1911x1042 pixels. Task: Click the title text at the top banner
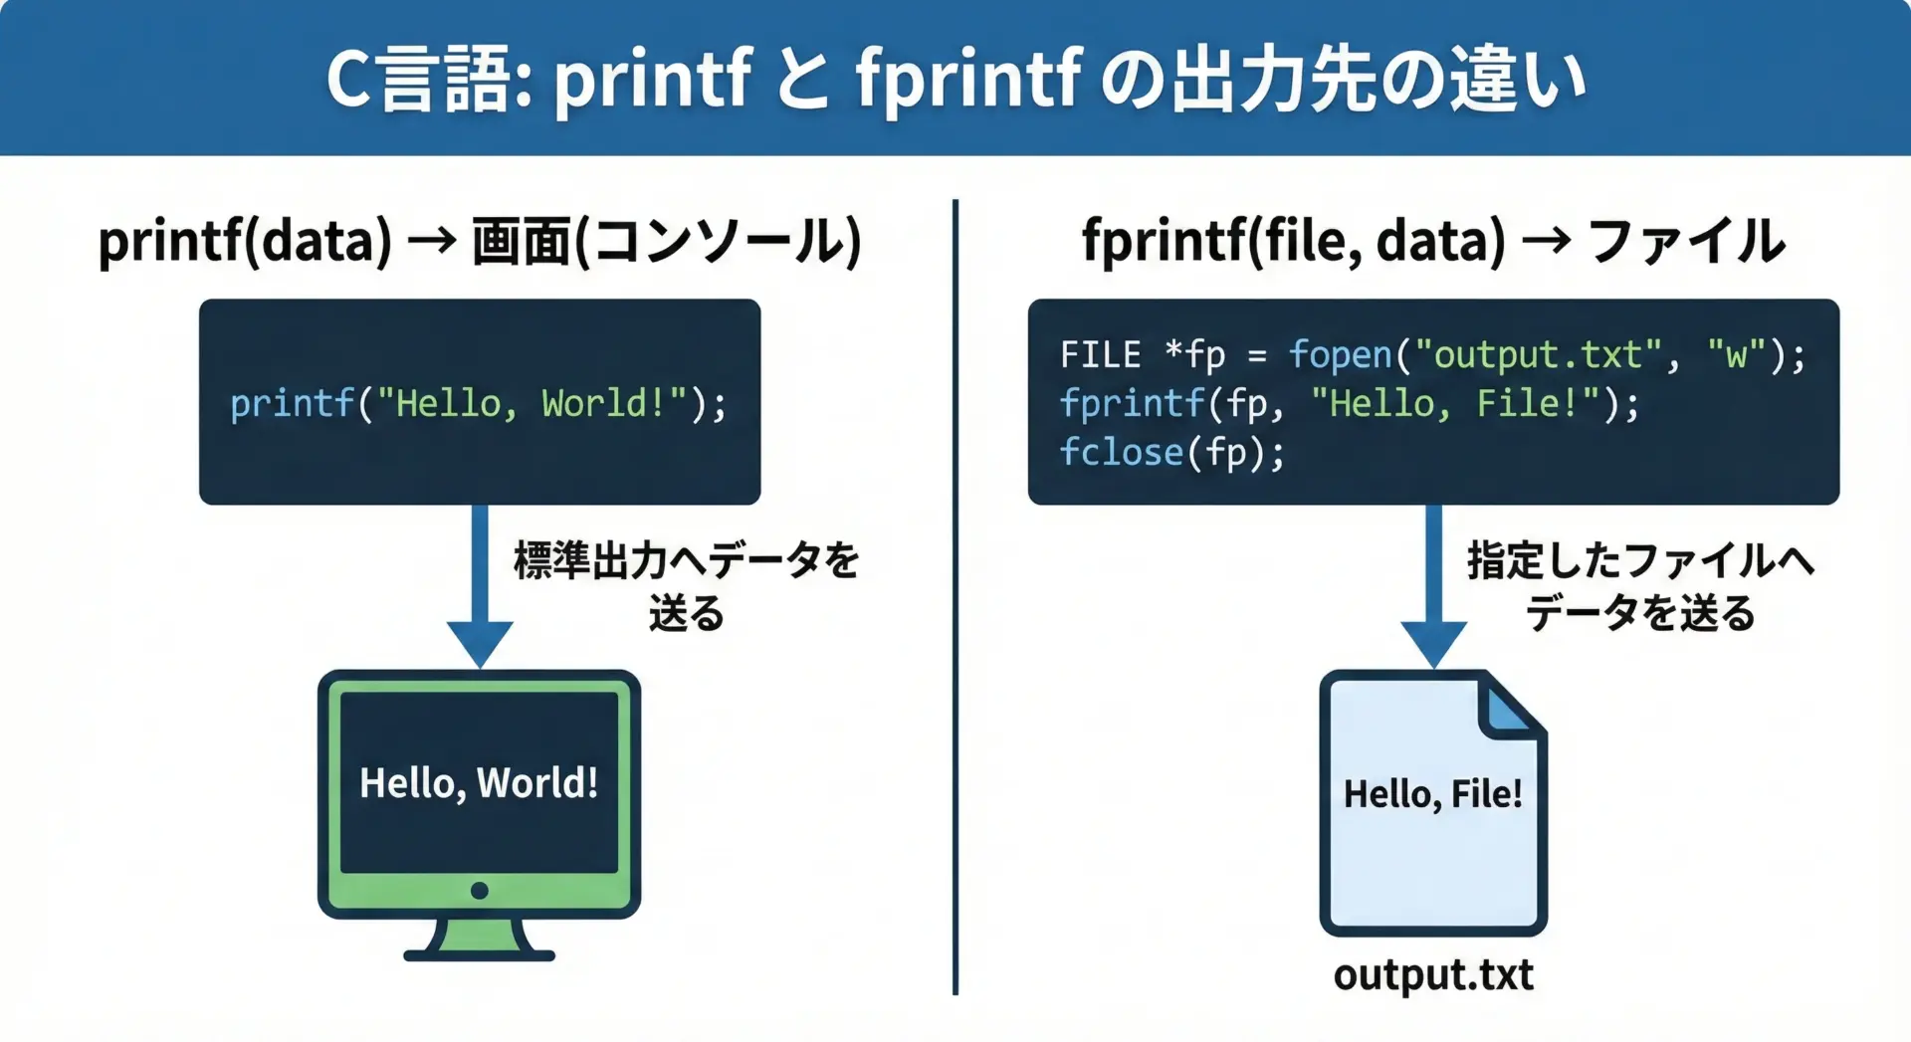pyautogui.click(x=955, y=80)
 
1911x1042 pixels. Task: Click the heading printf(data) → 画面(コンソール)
pyautogui.click(x=479, y=242)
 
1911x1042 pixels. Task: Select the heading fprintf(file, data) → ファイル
pyautogui.click(x=1433, y=242)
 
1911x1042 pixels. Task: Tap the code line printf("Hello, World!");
pyautogui.click(x=479, y=404)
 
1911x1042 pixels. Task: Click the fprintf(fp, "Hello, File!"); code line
pyautogui.click(x=1349, y=404)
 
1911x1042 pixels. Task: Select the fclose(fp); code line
pyautogui.click(x=1171, y=453)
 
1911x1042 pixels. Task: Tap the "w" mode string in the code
pyautogui.click(x=1736, y=355)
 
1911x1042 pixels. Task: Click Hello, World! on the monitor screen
pyautogui.click(x=479, y=783)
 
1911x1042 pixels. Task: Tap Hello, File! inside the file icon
pyautogui.click(x=1432, y=794)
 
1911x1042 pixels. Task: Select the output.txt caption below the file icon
pyautogui.click(x=1433, y=975)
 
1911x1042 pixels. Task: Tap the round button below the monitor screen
pyautogui.click(x=480, y=891)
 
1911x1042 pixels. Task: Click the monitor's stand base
pyautogui.click(x=479, y=953)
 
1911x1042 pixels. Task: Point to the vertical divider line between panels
pyautogui.click(x=955, y=597)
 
